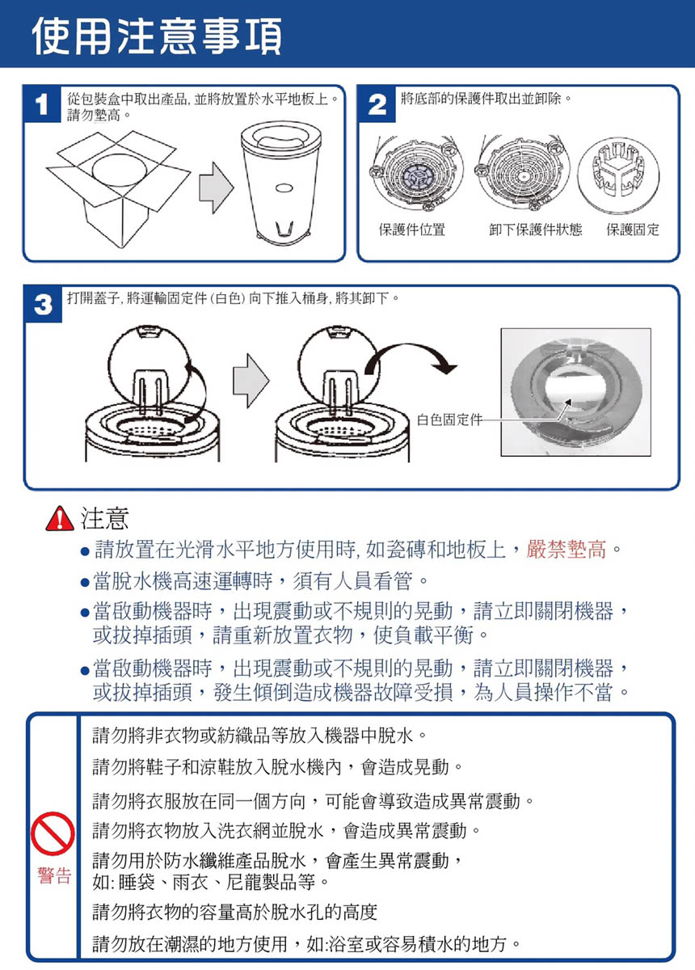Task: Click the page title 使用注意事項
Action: [157, 36]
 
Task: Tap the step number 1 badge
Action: [42, 104]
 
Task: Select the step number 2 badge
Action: [377, 104]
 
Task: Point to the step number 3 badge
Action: [44, 305]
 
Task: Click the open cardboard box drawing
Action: [118, 189]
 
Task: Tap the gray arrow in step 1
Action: [217, 188]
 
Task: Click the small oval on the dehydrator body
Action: [284, 188]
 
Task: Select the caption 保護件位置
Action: [412, 230]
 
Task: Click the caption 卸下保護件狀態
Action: [535, 230]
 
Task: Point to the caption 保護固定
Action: [633, 230]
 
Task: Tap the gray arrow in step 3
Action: [251, 381]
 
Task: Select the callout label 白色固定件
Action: [449, 420]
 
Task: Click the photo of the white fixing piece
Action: [576, 392]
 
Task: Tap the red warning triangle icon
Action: [60, 518]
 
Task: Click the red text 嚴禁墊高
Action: [566, 550]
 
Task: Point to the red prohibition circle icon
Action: [53, 834]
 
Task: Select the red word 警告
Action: [54, 875]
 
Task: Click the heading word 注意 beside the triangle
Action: [104, 518]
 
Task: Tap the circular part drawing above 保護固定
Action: [618, 176]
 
